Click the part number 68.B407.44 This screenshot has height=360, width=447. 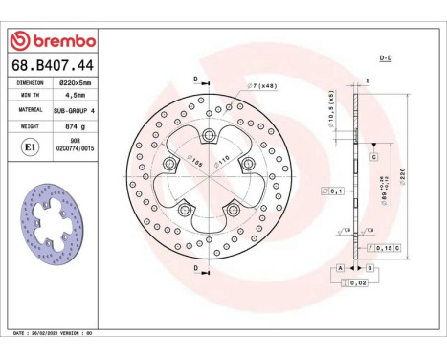(x=52, y=65)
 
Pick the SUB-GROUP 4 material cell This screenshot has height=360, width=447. (x=73, y=110)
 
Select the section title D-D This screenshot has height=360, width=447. (x=386, y=58)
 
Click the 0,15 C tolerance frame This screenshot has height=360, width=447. (x=382, y=249)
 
